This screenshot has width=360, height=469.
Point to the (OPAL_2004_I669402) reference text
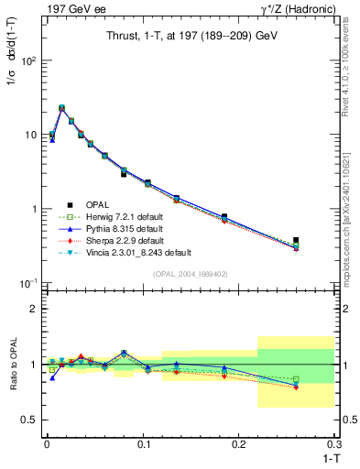tap(191, 273)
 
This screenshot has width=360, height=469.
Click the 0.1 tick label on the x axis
tap(143, 443)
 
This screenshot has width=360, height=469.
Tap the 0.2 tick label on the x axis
tap(241, 443)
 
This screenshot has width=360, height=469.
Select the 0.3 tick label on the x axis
tap(334, 443)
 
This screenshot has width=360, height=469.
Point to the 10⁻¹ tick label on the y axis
tap(28, 283)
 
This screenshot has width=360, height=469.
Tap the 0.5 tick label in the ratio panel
tap(30, 420)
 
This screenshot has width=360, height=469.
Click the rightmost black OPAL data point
tap(295, 240)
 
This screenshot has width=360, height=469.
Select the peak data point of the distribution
tap(61, 108)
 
